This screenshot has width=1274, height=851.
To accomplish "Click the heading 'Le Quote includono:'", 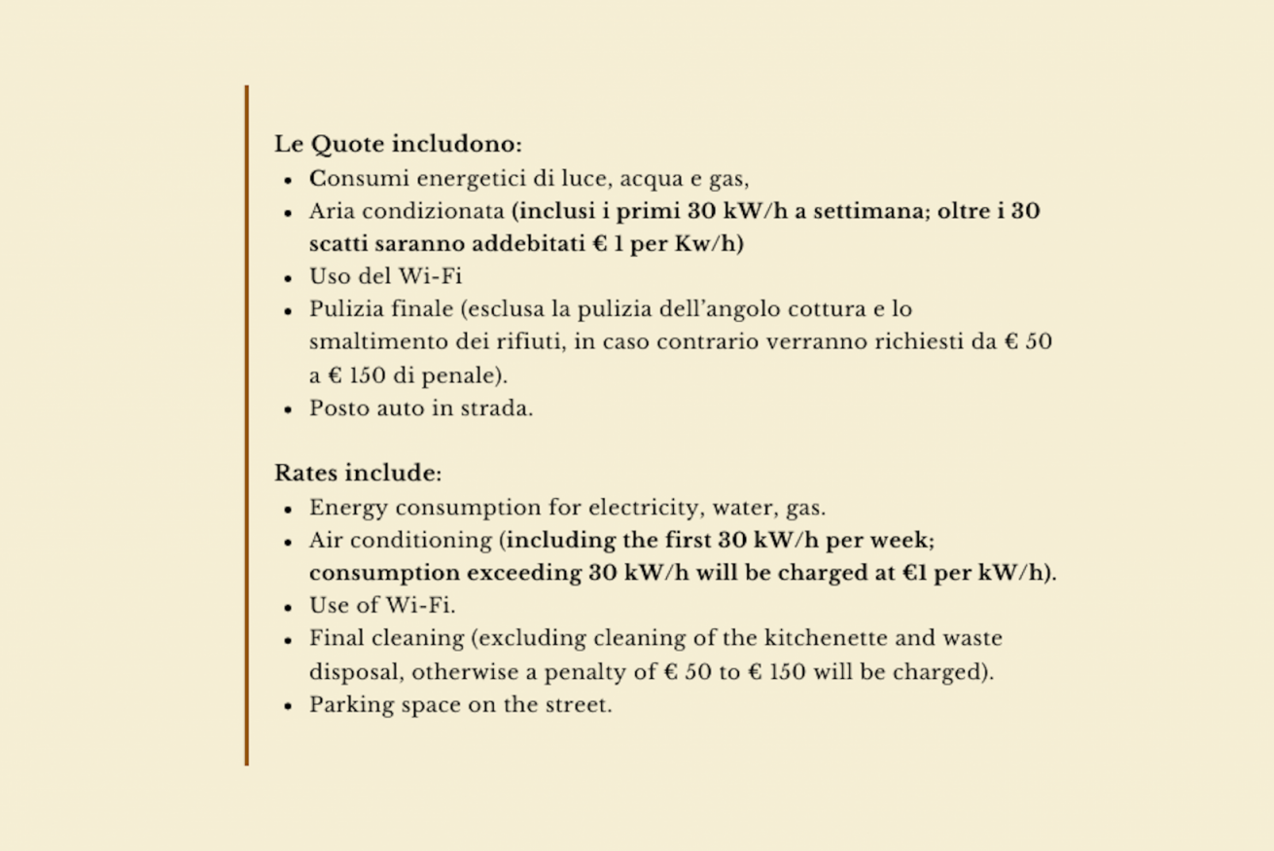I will (398, 145).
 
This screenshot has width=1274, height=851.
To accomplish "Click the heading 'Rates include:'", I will (357, 474).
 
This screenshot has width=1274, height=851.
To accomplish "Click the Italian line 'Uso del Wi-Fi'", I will (385, 276).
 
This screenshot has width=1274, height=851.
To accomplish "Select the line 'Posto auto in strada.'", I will (421, 408).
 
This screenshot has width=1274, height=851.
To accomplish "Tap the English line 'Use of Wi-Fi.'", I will (382, 606).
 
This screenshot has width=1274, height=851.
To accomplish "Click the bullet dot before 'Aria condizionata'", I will (289, 213).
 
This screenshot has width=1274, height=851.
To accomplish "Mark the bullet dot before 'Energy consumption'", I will (289, 510).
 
